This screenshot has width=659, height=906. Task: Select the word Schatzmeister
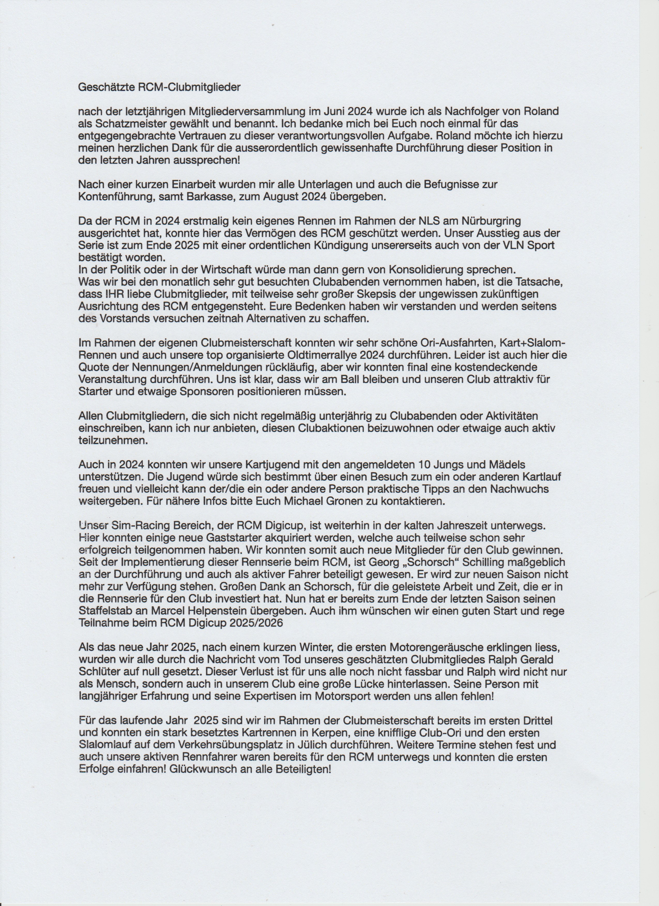coord(133,124)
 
